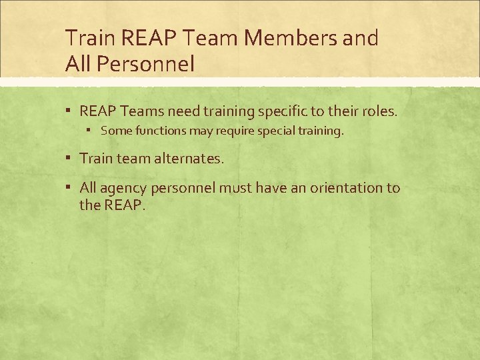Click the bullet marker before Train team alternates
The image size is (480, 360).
[69, 159]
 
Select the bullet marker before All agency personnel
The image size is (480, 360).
[69, 188]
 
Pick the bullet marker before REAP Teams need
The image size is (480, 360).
[69, 111]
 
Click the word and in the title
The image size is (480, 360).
[359, 39]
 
